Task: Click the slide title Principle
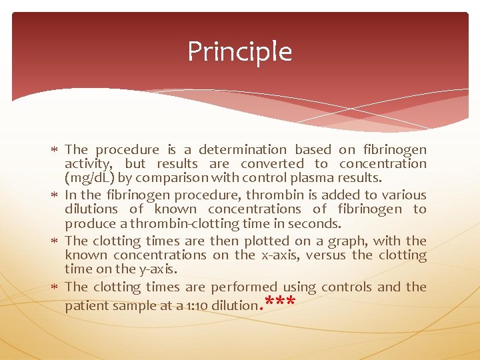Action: (239, 51)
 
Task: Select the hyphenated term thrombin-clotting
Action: (183, 223)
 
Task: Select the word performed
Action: (243, 287)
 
